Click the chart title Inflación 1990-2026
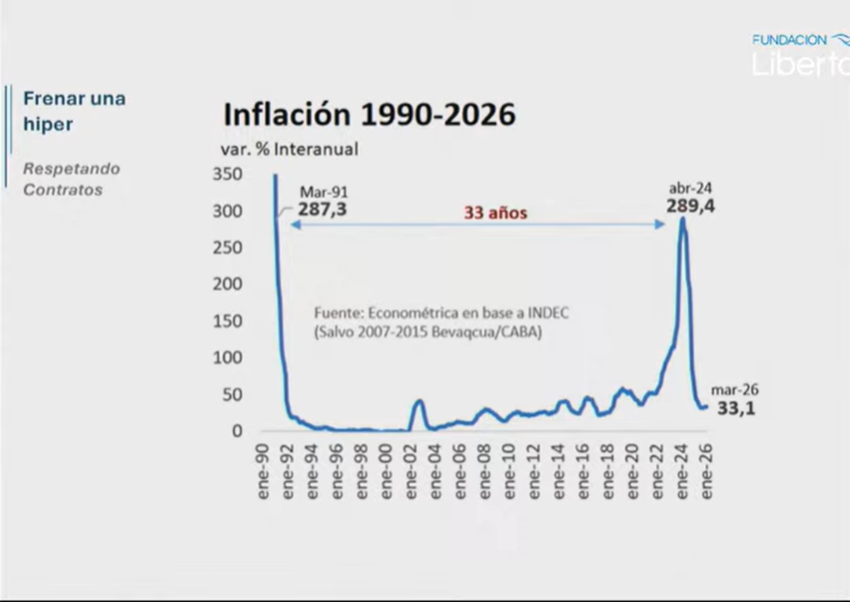click(x=369, y=114)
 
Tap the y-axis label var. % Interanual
click(x=290, y=149)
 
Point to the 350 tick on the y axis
click(x=227, y=175)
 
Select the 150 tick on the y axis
click(x=227, y=321)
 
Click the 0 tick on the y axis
click(x=237, y=431)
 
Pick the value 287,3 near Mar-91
click(x=322, y=210)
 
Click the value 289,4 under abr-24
click(x=689, y=206)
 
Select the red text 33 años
click(x=496, y=213)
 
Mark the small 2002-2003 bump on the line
click(x=419, y=402)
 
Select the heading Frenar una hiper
click(x=74, y=110)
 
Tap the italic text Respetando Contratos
click(x=72, y=179)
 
